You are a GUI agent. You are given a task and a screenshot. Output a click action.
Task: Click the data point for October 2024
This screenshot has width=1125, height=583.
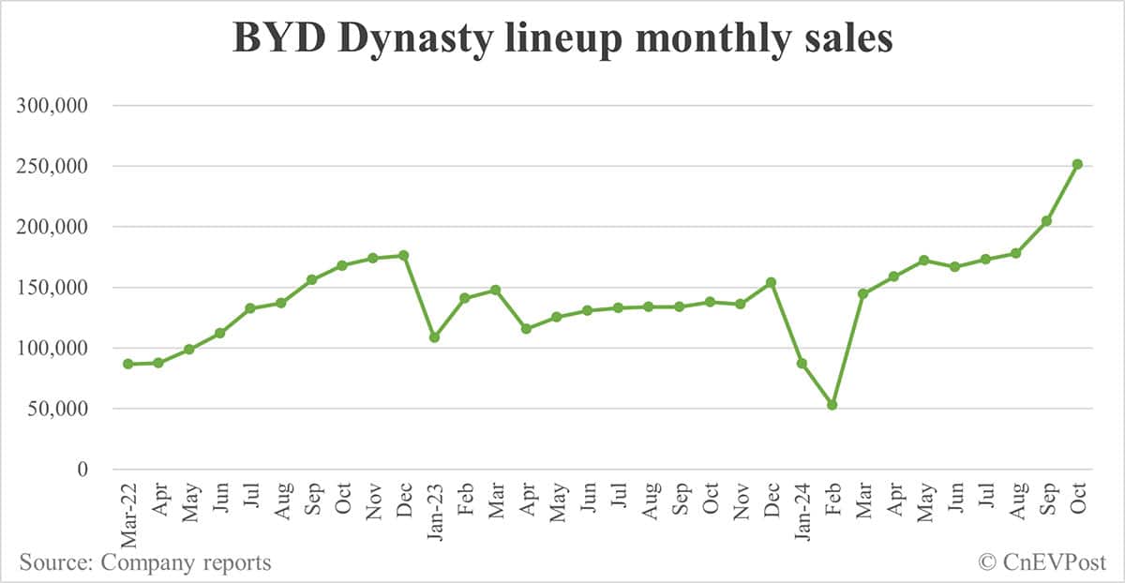click(1077, 164)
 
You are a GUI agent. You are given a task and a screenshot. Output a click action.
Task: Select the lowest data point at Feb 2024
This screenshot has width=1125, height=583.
click(832, 405)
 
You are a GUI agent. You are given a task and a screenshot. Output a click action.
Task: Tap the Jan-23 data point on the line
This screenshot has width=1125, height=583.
click(434, 336)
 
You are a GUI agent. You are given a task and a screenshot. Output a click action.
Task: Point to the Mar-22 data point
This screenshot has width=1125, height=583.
click(127, 364)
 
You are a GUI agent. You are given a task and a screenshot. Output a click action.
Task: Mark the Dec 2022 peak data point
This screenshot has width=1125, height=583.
click(403, 255)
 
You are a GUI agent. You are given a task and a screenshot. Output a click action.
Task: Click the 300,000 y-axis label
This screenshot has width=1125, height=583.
click(52, 106)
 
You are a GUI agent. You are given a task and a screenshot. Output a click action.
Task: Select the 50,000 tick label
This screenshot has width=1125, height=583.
click(58, 409)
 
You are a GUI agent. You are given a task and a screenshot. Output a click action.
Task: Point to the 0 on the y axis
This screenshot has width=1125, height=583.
click(82, 470)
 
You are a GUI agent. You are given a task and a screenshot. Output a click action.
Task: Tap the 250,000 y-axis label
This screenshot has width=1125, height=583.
click(52, 167)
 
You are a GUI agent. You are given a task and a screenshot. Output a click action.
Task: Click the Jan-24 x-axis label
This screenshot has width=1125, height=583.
click(802, 512)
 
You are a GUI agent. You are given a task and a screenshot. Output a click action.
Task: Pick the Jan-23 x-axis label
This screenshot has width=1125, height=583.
click(434, 512)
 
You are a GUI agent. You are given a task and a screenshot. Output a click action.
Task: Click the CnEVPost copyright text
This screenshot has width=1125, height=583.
click(1042, 562)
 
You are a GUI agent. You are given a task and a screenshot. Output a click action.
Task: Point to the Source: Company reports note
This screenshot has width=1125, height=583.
click(145, 562)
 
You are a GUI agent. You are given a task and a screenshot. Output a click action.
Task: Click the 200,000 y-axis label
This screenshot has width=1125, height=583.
click(52, 227)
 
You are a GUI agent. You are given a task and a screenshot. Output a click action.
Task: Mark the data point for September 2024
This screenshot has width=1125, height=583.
click(1046, 221)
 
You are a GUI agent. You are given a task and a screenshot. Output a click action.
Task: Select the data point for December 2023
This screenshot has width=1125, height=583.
click(771, 282)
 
